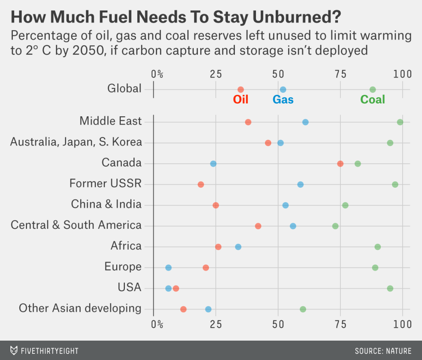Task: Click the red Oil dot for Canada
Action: pyautogui.click(x=340, y=164)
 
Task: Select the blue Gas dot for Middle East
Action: pyautogui.click(x=305, y=122)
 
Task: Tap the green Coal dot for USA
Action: pyautogui.click(x=390, y=288)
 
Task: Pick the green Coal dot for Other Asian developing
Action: pyautogui.click(x=303, y=309)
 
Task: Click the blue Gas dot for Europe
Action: pyautogui.click(x=169, y=268)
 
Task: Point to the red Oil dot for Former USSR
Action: pyautogui.click(x=201, y=184)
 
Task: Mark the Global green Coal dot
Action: pyautogui.click(x=373, y=89)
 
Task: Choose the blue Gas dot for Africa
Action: pyautogui.click(x=238, y=247)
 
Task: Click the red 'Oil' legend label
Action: pyautogui.click(x=241, y=99)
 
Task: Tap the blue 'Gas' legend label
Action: pyautogui.click(x=283, y=99)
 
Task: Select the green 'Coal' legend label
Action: pyautogui.click(x=373, y=99)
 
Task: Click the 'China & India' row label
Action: pyautogui.click(x=106, y=204)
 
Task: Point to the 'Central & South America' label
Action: pyautogui.click(x=76, y=225)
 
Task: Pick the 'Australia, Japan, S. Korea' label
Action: pyautogui.click(x=76, y=142)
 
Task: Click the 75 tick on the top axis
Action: pyautogui.click(x=340, y=74)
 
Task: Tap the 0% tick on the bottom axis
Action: pyautogui.click(x=157, y=324)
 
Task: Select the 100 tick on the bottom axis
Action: pyautogui.click(x=402, y=324)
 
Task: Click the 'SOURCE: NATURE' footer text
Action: pyautogui.click(x=383, y=351)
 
